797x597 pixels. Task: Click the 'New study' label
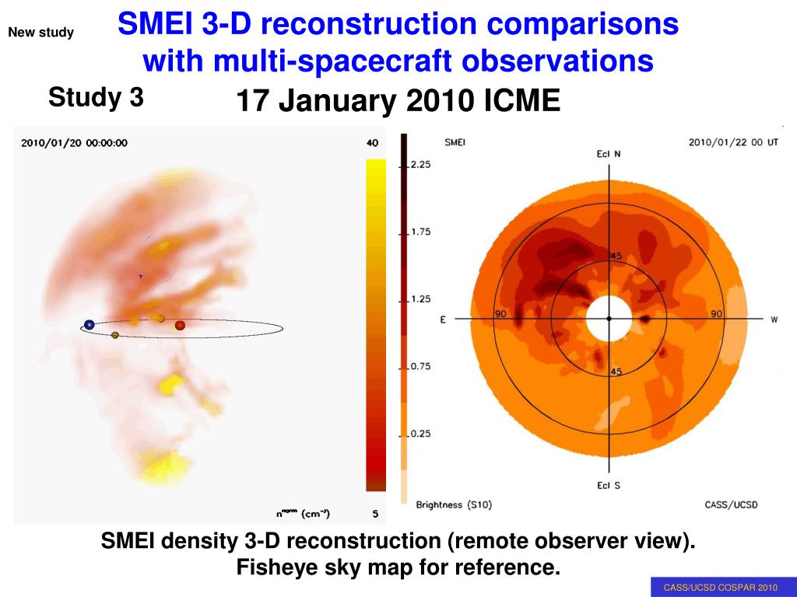click(x=40, y=33)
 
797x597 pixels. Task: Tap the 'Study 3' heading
click(x=96, y=98)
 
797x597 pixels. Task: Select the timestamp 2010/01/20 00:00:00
click(x=74, y=142)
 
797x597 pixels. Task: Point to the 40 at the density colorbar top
click(x=372, y=142)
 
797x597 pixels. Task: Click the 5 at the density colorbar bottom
click(x=374, y=513)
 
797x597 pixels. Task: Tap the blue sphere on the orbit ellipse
click(x=90, y=325)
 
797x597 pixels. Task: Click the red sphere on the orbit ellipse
click(x=180, y=325)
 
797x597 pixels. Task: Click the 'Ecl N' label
click(x=609, y=154)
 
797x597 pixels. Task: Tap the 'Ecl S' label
click(x=609, y=487)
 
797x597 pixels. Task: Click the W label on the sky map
click(x=774, y=319)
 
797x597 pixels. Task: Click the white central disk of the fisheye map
click(x=609, y=319)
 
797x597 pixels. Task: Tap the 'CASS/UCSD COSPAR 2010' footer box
click(x=720, y=588)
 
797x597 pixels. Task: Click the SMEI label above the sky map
click(x=455, y=142)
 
